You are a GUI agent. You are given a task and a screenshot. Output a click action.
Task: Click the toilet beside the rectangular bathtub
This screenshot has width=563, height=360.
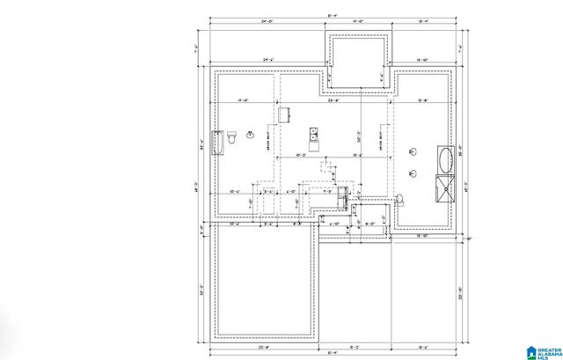click(232, 138)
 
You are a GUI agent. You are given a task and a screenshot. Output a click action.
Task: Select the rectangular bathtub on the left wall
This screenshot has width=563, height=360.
click(218, 143)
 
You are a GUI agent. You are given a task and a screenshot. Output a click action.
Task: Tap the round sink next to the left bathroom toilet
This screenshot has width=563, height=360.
click(252, 136)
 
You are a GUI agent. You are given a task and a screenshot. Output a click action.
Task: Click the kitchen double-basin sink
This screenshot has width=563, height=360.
click(313, 135)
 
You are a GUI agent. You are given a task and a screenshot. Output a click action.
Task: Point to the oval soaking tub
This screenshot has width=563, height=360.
click(446, 160)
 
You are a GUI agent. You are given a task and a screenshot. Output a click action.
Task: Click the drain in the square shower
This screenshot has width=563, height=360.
click(446, 187)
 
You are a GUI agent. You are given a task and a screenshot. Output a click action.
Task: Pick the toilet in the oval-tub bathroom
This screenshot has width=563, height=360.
click(398, 199)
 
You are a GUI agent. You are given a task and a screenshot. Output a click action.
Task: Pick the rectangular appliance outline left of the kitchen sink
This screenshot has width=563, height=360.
click(284, 115)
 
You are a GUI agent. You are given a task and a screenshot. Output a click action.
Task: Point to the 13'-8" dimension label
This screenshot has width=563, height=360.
click(422, 101)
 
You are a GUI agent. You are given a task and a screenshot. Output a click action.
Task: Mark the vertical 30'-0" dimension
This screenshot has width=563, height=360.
click(460, 296)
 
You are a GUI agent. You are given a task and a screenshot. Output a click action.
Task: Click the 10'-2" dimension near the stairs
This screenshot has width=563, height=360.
click(300, 155)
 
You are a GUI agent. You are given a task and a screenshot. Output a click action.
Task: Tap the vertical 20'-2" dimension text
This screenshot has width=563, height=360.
click(359, 138)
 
